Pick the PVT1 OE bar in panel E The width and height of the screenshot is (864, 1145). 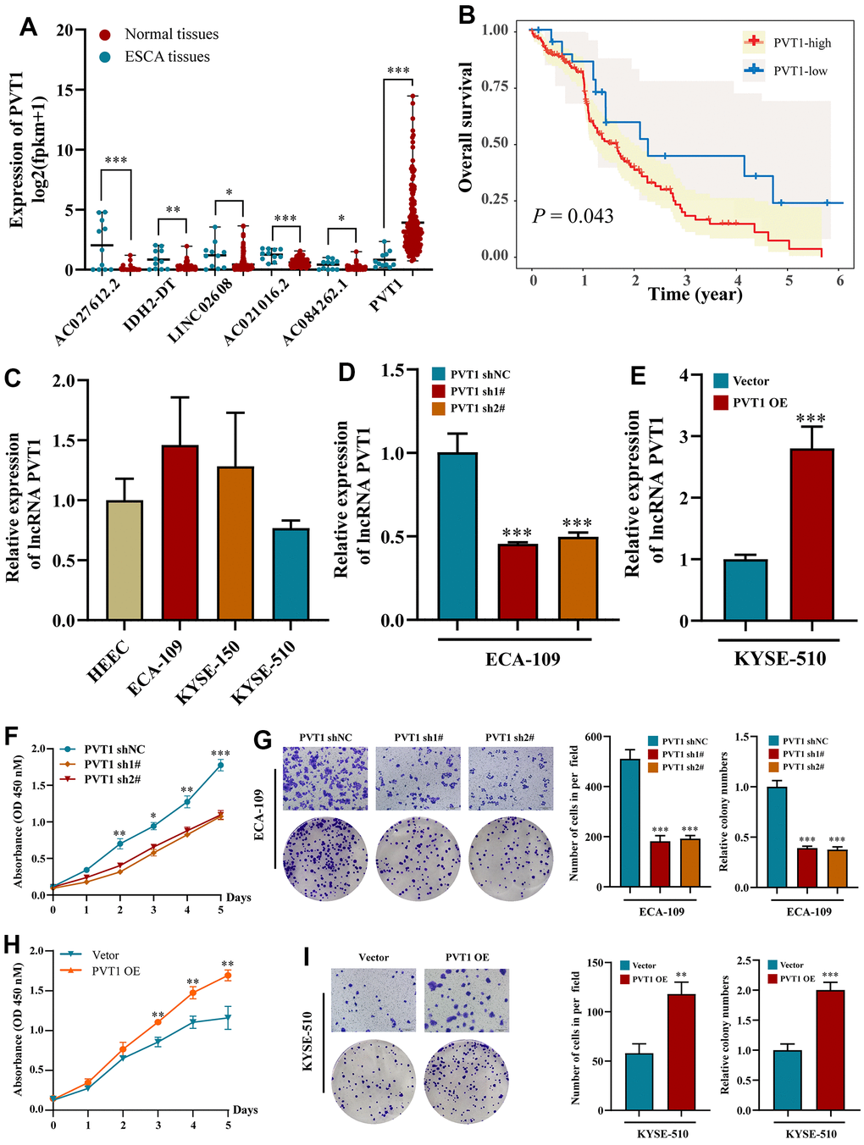(811, 535)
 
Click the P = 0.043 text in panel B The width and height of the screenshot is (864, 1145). (573, 216)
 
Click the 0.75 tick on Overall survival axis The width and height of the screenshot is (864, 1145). (496, 87)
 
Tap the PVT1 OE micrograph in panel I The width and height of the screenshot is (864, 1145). (467, 1000)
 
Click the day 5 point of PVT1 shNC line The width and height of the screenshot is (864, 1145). (220, 765)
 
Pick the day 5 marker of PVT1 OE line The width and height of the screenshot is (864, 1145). (227, 976)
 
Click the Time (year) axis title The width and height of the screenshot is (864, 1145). (695, 294)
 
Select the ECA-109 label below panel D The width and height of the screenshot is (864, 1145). (523, 659)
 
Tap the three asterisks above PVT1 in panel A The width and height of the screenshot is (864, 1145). (398, 71)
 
